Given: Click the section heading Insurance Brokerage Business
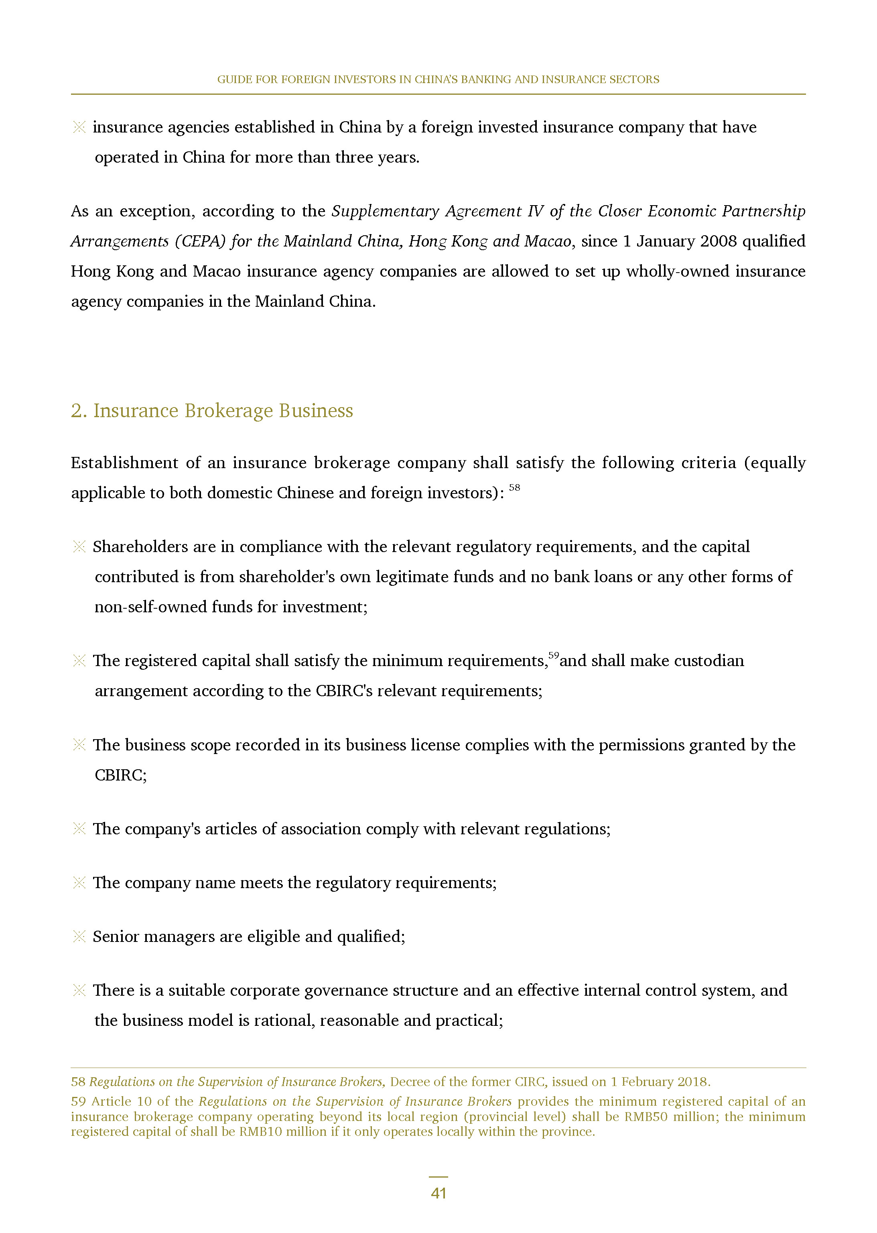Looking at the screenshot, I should pyautogui.click(x=223, y=411).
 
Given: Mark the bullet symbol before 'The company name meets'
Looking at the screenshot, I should pyautogui.click(x=79, y=882).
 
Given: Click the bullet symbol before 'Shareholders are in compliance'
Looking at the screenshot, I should pyautogui.click(x=79, y=547).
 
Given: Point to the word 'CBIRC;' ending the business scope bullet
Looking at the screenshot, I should pyautogui.click(x=120, y=775).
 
